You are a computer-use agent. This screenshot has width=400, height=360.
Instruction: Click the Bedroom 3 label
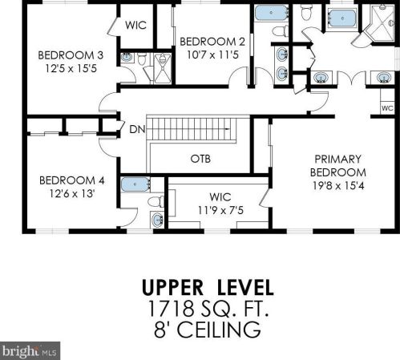(x=71, y=55)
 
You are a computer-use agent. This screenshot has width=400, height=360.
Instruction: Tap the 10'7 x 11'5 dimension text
(x=212, y=55)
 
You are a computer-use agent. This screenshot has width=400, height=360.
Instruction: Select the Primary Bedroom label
(x=338, y=166)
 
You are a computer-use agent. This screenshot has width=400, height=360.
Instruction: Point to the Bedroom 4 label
(x=72, y=180)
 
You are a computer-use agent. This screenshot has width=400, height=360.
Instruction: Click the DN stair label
(x=137, y=130)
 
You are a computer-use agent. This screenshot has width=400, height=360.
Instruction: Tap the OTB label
(x=200, y=159)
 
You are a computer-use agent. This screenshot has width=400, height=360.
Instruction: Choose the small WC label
(x=387, y=108)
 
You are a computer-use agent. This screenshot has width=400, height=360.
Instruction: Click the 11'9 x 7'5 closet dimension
(x=220, y=211)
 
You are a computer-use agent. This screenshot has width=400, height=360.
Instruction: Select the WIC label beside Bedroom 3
(x=135, y=26)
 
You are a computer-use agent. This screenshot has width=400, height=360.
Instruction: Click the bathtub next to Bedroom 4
(x=135, y=184)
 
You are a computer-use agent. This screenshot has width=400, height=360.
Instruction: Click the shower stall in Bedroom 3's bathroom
(x=163, y=67)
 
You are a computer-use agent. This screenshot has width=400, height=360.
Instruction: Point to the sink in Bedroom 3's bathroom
(x=127, y=57)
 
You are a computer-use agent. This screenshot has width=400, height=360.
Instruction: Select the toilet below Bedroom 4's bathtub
(x=156, y=201)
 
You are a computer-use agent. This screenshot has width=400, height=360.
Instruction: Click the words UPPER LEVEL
(x=208, y=288)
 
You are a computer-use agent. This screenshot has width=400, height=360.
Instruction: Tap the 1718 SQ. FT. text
(x=208, y=308)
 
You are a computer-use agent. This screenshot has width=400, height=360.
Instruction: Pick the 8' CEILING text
(x=208, y=330)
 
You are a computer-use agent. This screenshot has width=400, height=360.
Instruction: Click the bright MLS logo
(x=30, y=350)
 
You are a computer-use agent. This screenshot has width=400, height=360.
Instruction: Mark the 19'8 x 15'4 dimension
(x=338, y=186)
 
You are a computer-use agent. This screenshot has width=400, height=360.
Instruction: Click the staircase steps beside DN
(x=192, y=130)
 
